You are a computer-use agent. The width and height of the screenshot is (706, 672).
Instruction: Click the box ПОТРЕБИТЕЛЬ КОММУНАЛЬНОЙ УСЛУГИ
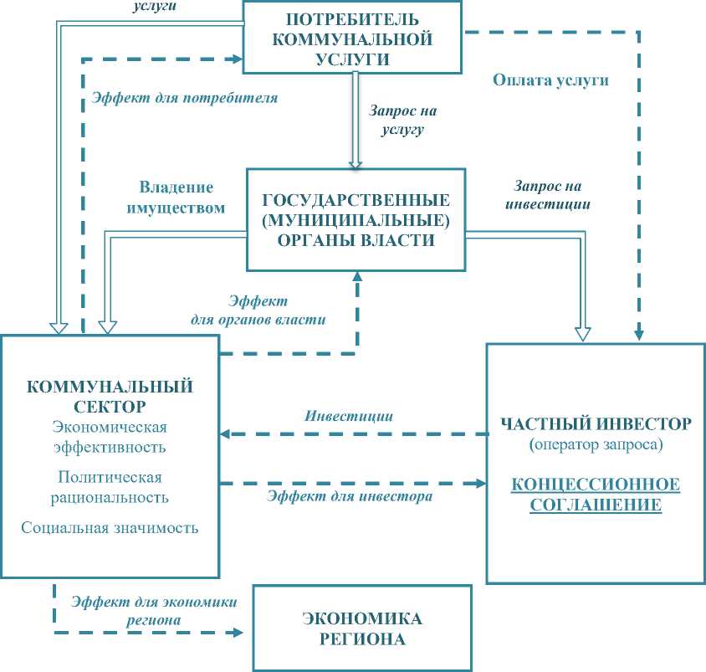click(352, 38)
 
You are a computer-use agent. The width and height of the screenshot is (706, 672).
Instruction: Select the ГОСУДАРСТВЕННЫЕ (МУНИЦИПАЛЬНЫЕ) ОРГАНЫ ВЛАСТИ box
click(356, 220)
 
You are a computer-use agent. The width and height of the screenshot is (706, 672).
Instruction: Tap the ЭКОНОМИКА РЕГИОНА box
click(362, 628)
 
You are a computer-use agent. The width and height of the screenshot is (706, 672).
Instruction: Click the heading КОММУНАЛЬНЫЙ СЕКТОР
click(110, 396)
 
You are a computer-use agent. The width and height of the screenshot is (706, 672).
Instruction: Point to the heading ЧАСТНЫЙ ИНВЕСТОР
click(596, 423)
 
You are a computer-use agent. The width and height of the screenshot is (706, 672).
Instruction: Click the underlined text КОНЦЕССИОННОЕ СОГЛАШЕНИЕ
click(596, 495)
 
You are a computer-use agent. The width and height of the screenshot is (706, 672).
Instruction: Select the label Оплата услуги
click(550, 81)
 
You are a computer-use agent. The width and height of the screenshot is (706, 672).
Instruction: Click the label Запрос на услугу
click(403, 120)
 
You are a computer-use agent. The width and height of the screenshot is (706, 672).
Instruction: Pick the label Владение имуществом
click(176, 197)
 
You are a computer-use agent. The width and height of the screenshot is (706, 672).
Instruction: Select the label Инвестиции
click(349, 416)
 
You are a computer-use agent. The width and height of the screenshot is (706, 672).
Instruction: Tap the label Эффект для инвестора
click(350, 496)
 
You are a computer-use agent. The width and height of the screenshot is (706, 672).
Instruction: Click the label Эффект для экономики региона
click(154, 611)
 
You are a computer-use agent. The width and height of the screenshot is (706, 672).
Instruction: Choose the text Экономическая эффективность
click(110, 438)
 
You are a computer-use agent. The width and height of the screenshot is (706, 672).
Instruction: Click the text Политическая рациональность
click(110, 486)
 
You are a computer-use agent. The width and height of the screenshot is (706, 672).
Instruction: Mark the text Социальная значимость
click(110, 528)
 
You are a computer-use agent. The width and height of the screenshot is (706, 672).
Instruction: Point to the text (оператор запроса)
click(596, 445)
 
